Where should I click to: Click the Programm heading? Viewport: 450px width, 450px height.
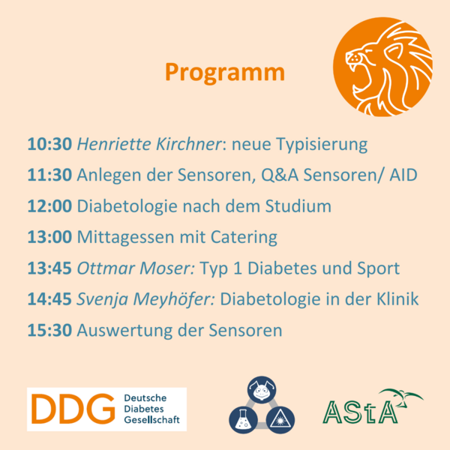225,73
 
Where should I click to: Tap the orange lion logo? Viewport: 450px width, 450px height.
382,67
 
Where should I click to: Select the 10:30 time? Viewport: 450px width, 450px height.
49,144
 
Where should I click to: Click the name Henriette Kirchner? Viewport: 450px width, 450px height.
149,144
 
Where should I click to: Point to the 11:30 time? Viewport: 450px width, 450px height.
49,175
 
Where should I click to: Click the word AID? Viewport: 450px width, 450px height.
403,175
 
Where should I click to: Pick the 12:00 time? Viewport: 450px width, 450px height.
49,206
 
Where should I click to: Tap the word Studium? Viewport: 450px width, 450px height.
298,206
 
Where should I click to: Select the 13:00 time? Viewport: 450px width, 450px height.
49,237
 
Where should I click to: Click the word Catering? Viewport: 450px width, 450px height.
244,238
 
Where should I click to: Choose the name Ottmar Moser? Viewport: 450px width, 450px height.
136,268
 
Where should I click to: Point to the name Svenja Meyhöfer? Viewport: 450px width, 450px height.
145,299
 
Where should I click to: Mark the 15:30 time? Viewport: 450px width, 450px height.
49,330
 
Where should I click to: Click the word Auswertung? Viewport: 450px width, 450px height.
124,331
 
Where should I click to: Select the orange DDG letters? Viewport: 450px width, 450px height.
73,409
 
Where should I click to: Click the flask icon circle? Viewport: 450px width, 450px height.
243,420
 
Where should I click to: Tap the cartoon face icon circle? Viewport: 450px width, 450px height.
262,390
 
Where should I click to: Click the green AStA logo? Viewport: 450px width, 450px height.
373,406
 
